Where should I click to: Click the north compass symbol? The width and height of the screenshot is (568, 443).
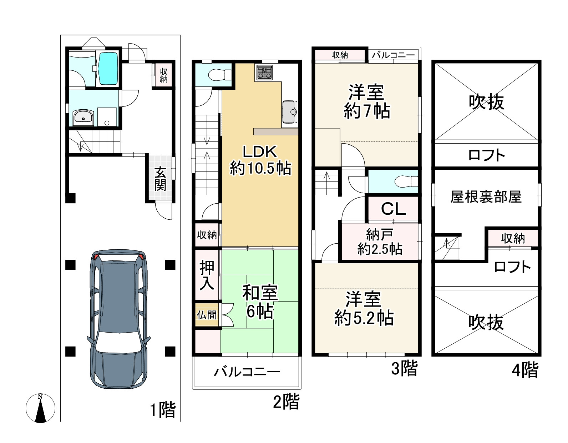[40, 408]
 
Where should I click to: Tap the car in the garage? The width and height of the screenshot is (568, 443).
[119, 319]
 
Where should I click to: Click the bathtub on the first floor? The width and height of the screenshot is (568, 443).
[108, 69]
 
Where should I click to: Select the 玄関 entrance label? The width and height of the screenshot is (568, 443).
[160, 179]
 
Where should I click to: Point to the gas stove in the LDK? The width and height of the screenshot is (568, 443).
[264, 73]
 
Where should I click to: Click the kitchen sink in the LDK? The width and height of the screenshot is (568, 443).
[290, 112]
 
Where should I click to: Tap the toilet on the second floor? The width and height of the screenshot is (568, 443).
[220, 75]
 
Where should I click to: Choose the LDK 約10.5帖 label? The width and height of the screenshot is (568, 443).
[260, 160]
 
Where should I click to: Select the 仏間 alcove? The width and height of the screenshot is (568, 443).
[207, 315]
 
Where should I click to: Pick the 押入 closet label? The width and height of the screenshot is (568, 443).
[207, 275]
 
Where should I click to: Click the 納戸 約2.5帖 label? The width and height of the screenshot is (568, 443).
[380, 242]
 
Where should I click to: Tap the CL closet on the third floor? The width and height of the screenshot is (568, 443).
[394, 209]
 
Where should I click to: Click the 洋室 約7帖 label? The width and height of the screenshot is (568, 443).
[367, 101]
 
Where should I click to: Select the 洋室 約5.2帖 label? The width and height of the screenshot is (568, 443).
[364, 309]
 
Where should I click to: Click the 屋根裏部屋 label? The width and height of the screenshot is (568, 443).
[486, 197]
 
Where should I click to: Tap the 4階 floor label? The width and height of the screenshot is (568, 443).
[525, 370]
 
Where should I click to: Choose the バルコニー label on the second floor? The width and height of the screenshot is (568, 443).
[247, 372]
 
